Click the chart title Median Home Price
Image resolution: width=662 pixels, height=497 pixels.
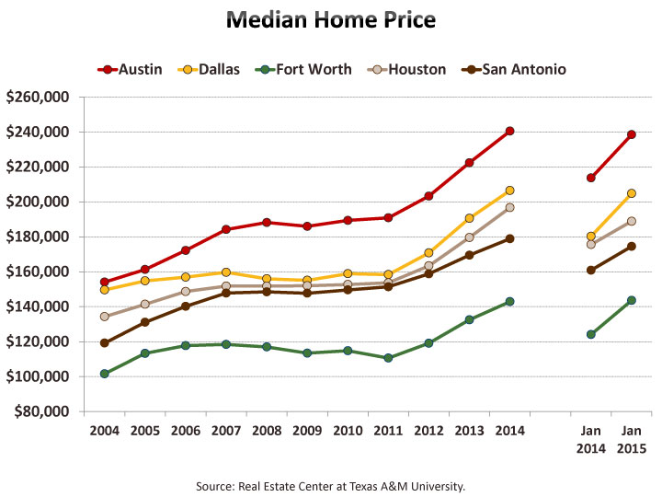[x=331, y=20]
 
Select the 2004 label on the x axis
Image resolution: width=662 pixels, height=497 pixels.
[x=104, y=431]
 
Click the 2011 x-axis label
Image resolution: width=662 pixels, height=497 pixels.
[x=388, y=431]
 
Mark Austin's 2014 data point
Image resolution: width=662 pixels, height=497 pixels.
[x=509, y=131]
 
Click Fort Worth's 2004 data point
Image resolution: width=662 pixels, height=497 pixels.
[x=105, y=374]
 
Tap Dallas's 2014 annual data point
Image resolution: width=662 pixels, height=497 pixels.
[x=509, y=191]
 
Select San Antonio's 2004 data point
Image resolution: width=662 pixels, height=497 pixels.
[x=105, y=343]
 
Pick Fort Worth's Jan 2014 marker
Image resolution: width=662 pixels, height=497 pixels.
[x=591, y=334]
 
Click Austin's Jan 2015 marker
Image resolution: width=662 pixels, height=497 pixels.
[x=632, y=134]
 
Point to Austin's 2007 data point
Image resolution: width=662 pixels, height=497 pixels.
[x=226, y=229]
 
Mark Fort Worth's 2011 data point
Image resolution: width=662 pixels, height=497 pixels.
[x=388, y=358]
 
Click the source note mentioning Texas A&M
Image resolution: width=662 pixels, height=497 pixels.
[x=331, y=485]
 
